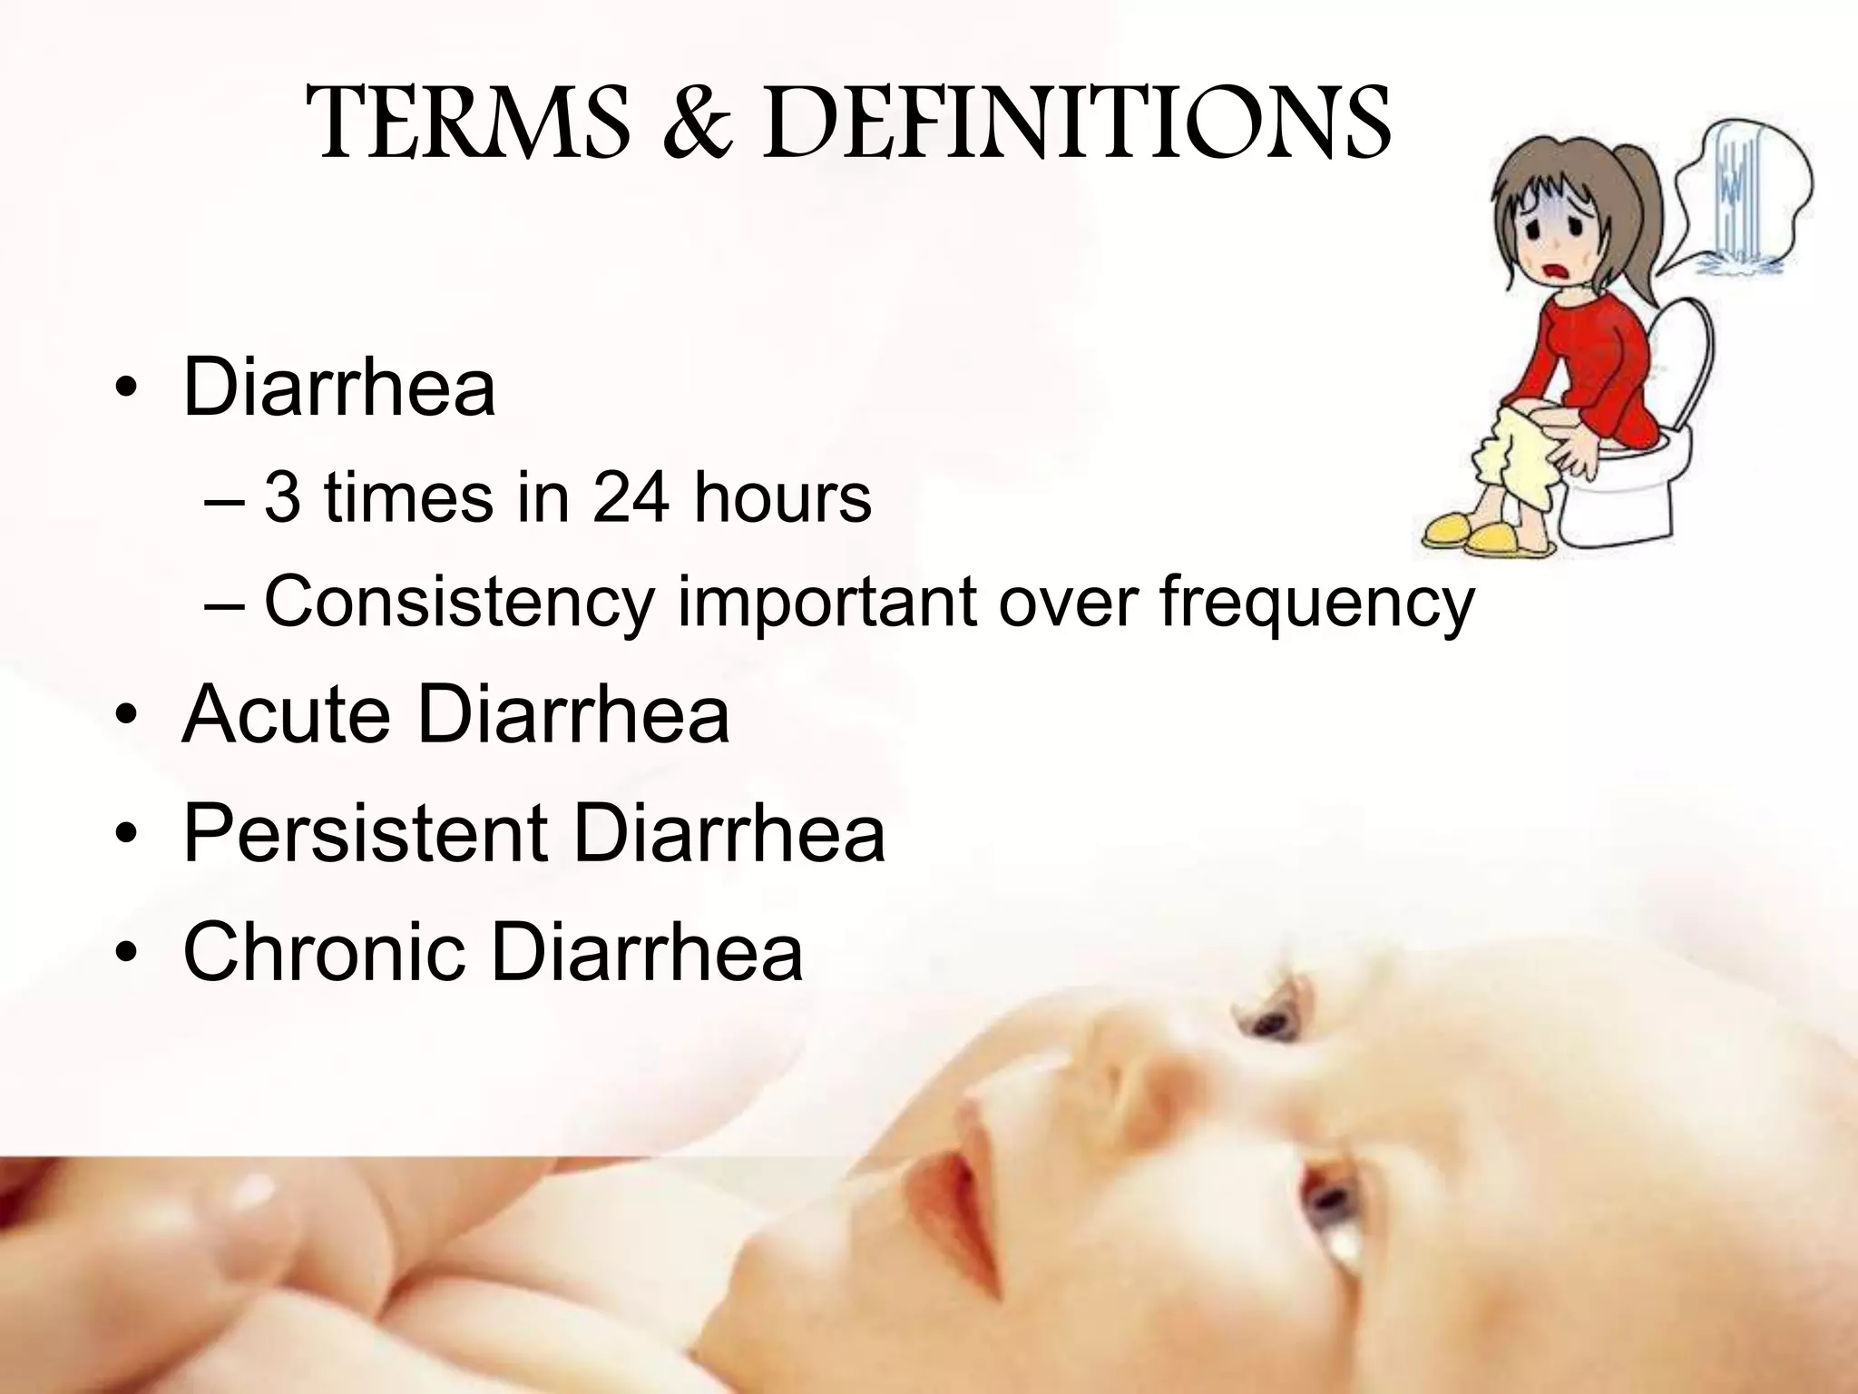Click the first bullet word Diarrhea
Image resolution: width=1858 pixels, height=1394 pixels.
click(339, 388)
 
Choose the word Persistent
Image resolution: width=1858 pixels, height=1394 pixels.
click(365, 833)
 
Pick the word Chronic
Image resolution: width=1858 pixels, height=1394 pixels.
click(323, 952)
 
